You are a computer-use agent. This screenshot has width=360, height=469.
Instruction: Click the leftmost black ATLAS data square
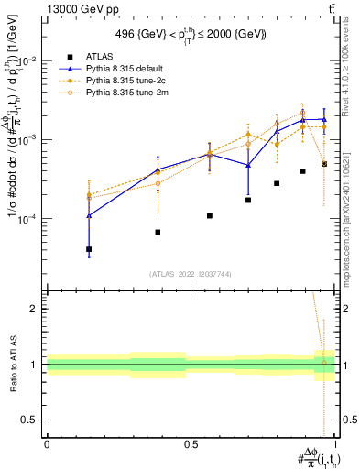point(89,249)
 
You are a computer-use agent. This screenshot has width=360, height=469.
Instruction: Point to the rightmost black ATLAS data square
point(323,164)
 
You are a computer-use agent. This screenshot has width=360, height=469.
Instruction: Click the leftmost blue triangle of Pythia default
point(89,215)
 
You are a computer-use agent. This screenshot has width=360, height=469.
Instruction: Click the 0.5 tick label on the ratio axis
point(30,420)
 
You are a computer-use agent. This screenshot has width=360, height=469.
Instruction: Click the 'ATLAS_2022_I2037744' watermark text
point(191,274)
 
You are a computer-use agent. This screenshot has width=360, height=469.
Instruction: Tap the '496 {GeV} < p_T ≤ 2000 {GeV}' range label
point(191,34)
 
